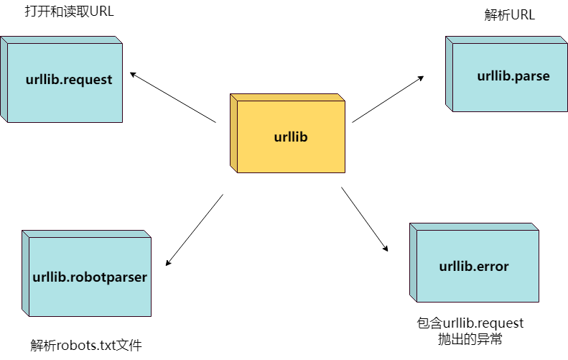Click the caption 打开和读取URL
pos(69,12)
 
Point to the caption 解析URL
pos(510,16)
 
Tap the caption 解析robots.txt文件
pos(86,345)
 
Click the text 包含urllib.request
pos(470,323)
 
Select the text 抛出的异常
pos(470,339)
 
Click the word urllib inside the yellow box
pos(291,137)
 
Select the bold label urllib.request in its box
pos(68,80)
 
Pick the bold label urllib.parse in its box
pos(513,75)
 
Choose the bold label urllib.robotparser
pos(90,277)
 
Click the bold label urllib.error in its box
pos(474,267)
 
